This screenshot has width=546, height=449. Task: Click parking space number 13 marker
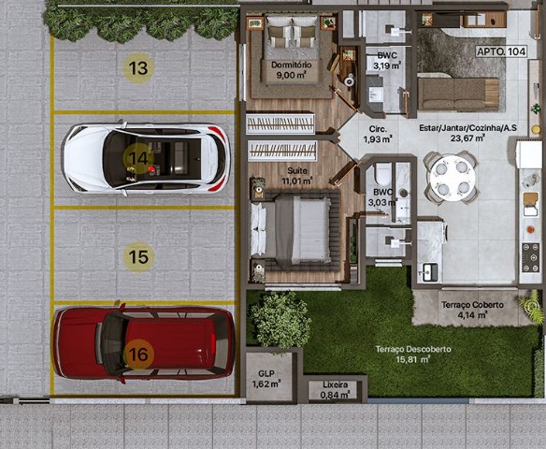pos(138,68)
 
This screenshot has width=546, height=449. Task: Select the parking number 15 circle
pos(138,257)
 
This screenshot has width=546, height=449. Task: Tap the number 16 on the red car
pos(138,355)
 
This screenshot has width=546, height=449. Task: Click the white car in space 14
pos(147,159)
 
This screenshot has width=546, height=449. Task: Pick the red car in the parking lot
pos(144,342)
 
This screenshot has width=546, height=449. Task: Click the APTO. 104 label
pos(501,51)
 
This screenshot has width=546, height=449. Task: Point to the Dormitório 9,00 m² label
pos(292,69)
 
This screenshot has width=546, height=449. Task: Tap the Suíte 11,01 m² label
pos(297,176)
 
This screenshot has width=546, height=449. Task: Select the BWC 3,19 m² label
pos(387,61)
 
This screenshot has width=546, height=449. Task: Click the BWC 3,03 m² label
pos(383,196)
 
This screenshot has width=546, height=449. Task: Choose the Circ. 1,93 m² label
pos(378,134)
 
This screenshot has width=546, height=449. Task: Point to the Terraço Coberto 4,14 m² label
pos(472,310)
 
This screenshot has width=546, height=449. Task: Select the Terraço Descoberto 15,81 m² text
pos(413,354)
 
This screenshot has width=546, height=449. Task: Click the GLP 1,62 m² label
pos(266,379)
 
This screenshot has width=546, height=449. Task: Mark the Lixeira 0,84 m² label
pos(335,390)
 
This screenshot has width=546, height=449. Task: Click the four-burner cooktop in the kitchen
pos(530,257)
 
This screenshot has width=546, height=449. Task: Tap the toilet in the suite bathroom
pos(383,174)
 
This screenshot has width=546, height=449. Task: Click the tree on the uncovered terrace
pos(280,321)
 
